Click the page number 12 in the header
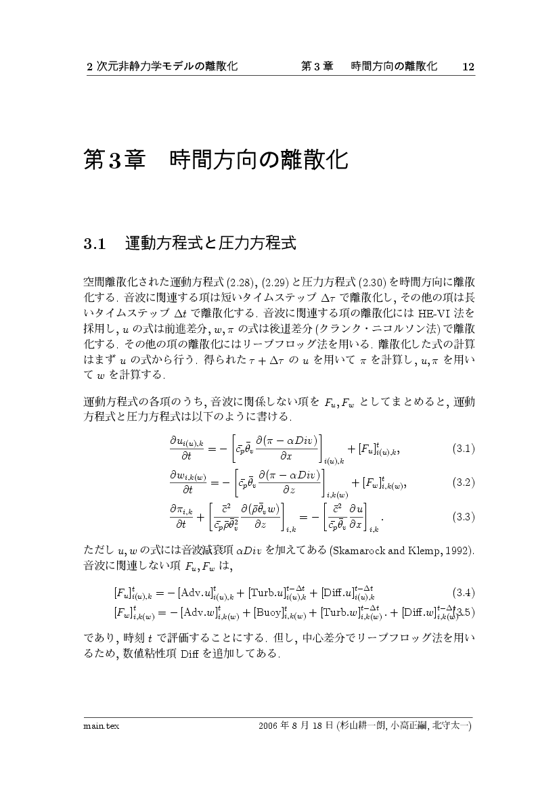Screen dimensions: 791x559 pos(468,66)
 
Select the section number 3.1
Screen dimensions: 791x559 pos(95,244)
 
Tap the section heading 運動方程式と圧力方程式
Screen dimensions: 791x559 pos(210,244)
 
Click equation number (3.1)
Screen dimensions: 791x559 pos(463,449)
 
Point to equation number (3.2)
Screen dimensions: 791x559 pos(463,482)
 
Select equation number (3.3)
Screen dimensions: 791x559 pos(463,516)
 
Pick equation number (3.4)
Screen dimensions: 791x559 pos(463,593)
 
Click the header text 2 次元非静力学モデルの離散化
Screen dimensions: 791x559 pos(162,66)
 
